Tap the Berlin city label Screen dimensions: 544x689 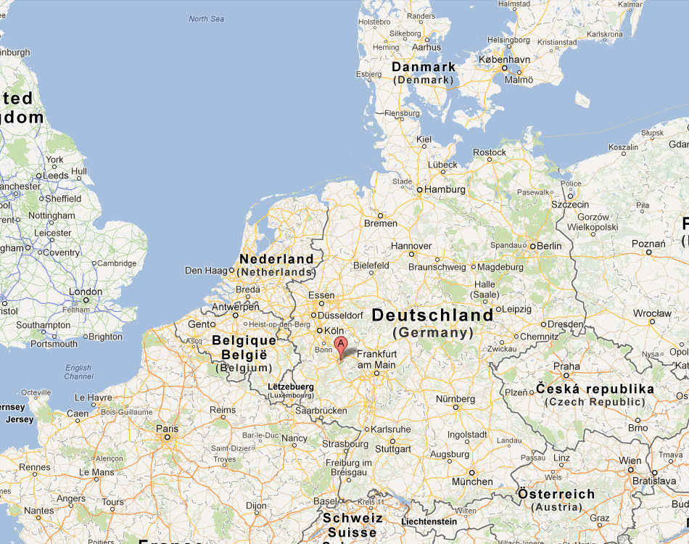549,246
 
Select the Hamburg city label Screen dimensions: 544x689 445,189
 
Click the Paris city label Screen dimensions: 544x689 167,428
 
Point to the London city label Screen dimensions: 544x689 85,292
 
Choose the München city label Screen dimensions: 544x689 472,482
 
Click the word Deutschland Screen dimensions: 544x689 432,316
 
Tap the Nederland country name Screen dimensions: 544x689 276,259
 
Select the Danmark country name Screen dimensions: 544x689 424,67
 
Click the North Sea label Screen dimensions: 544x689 208,19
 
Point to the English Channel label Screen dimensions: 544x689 78,372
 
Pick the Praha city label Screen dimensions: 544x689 566,366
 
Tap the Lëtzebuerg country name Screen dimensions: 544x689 290,387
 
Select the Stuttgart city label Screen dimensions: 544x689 395,449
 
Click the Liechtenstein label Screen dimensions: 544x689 430,521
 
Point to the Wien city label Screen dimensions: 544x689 630,461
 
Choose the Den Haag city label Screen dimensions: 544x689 207,271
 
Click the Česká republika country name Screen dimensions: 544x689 595,390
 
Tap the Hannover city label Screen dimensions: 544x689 411,246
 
